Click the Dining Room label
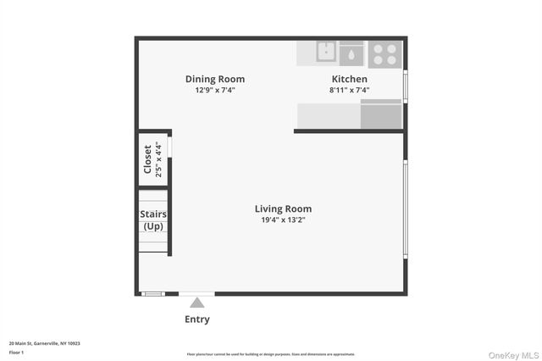pyautogui.click(x=215, y=80)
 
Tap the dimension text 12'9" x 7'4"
pyautogui.click(x=215, y=90)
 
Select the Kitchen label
pyautogui.click(x=349, y=80)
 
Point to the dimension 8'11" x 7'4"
pyautogui.click(x=349, y=90)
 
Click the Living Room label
pyautogui.click(x=283, y=208)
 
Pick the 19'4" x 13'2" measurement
pyautogui.click(x=283, y=219)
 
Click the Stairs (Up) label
pyautogui.click(x=153, y=220)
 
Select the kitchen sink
pyautogui.click(x=326, y=53)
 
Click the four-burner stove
pyautogui.click(x=384, y=53)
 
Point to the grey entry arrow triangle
pyautogui.click(x=196, y=303)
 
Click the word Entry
pyautogui.click(x=196, y=319)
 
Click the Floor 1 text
pyautogui.click(x=16, y=352)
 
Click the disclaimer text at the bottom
pyautogui.click(x=271, y=354)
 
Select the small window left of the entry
pyautogui.click(x=152, y=294)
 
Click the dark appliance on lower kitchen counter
pyautogui.click(x=381, y=114)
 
